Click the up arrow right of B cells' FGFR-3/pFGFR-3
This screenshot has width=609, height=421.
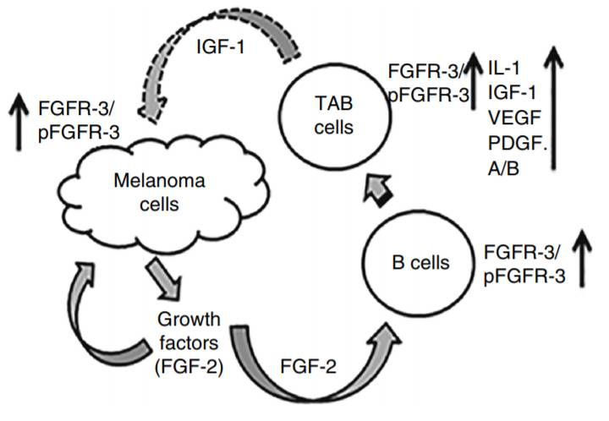[x=580, y=262]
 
